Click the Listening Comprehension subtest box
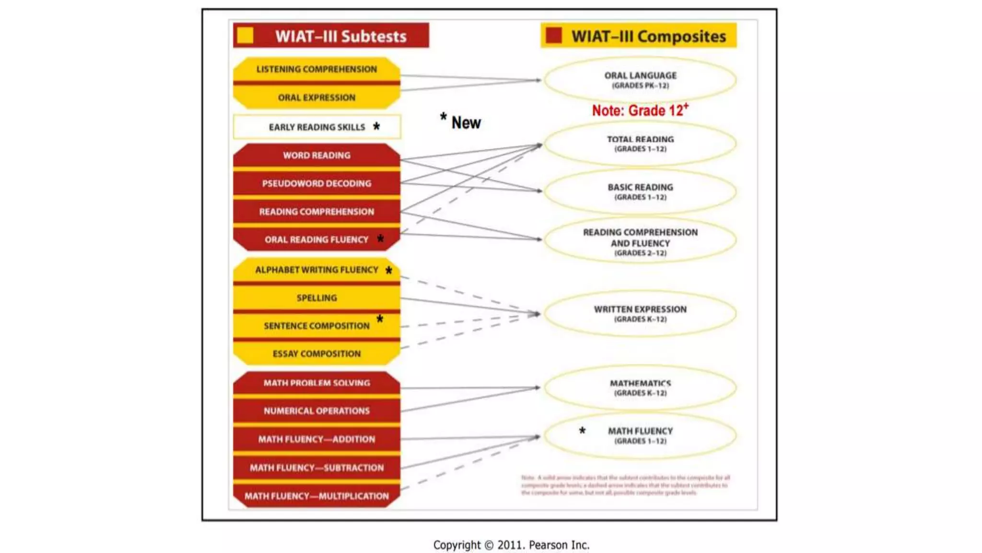tap(316, 69)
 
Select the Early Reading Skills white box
tap(316, 127)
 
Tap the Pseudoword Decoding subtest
tap(316, 183)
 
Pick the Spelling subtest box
tap(316, 298)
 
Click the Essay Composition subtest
tap(316, 354)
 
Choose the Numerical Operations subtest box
tap(316, 411)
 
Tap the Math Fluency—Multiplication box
tap(316, 496)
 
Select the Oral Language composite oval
tap(640, 80)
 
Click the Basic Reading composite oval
tap(640, 191)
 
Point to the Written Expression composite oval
tap(640, 313)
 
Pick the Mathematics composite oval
tap(640, 387)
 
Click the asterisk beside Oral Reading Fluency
tap(380, 239)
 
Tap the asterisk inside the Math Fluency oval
tap(582, 431)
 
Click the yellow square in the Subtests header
tap(245, 36)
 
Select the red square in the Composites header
tap(554, 36)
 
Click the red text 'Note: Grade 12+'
tap(640, 110)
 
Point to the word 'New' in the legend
tap(466, 123)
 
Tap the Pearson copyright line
tap(511, 545)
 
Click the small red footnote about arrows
tap(625, 485)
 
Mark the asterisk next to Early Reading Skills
tap(376, 126)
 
